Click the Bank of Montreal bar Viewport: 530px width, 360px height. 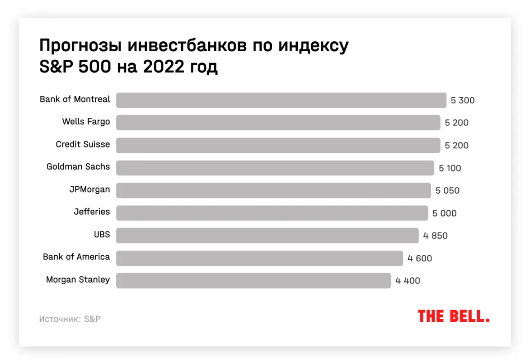281,100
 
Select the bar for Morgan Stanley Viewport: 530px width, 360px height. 253,280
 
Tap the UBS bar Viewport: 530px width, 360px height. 267,236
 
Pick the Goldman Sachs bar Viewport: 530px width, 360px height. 275,168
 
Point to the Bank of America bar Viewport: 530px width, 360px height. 260,258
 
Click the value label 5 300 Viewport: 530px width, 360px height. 463,101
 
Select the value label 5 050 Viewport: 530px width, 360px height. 447,191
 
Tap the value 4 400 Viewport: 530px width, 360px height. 408,281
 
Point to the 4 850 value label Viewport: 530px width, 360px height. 435,236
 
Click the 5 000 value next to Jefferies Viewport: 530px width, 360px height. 444,213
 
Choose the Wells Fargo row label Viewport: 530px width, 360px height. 86,122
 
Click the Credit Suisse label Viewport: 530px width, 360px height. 83,144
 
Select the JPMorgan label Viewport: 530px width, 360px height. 89,189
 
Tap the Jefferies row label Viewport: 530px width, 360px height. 92,212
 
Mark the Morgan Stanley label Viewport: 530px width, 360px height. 78,280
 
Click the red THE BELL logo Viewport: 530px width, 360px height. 454,316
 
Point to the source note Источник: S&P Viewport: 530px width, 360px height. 70,319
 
